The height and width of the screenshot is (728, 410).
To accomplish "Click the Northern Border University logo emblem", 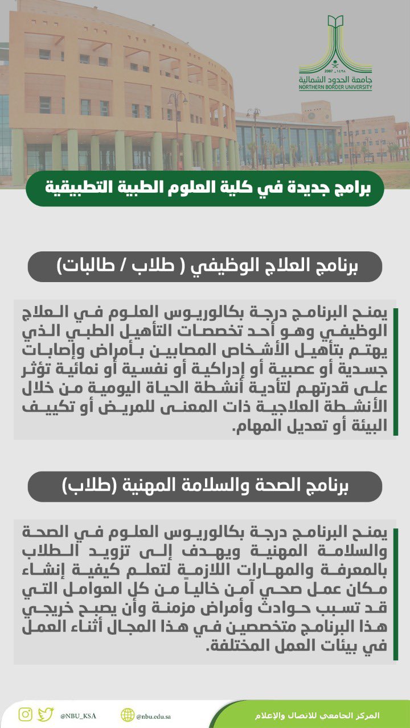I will [x=335, y=43].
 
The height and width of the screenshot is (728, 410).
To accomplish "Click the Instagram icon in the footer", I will [x=25, y=714].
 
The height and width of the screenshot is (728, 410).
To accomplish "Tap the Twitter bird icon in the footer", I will [x=46, y=714].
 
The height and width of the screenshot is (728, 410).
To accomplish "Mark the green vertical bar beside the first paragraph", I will [x=395, y=370].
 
